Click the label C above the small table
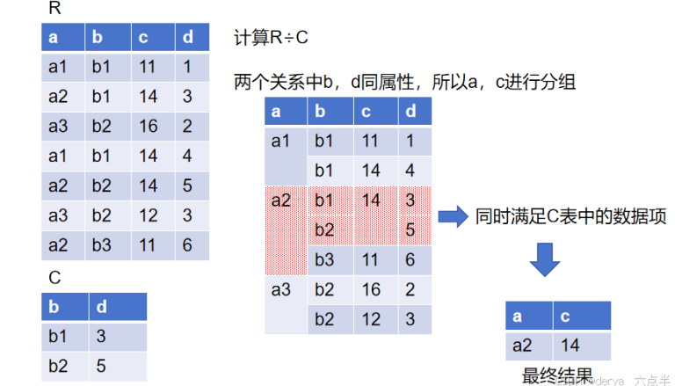[54, 278]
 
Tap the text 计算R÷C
[271, 38]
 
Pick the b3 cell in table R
[103, 246]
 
